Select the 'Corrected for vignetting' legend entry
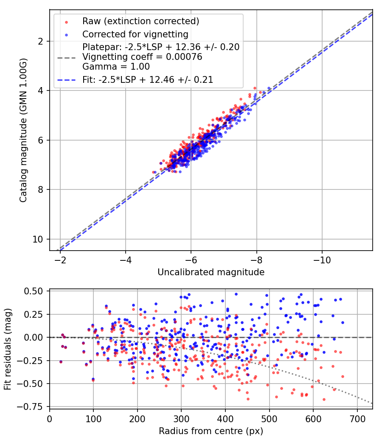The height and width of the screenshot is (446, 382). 135,34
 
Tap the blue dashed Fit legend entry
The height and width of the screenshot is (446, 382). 148,79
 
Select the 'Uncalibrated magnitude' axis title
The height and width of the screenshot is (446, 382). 211,272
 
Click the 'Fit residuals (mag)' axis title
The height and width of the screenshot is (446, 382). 8,348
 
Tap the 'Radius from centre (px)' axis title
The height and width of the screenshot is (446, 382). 211,431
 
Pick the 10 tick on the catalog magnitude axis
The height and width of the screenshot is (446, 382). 39,239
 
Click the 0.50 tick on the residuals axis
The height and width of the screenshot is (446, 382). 35,291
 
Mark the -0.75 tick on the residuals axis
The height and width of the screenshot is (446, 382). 34,407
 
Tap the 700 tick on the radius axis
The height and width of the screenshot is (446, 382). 357,419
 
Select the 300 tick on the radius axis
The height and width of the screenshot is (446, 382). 181,419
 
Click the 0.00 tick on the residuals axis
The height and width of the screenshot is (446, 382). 35,337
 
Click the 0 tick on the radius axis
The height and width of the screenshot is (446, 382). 50,419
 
